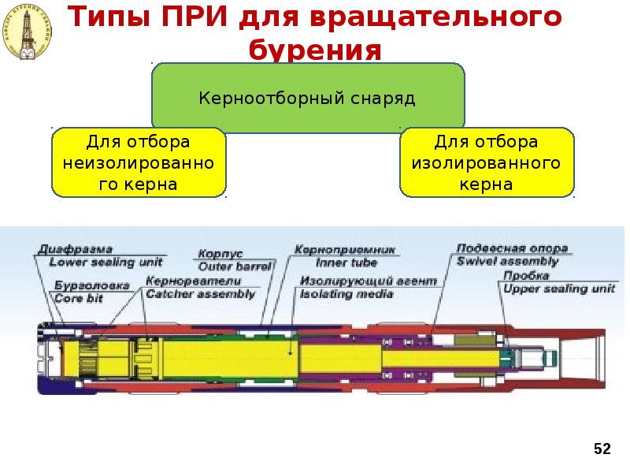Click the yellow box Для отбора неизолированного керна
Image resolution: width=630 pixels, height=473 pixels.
pyautogui.click(x=139, y=163)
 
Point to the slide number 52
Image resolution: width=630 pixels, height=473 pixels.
pyautogui.click(x=602, y=449)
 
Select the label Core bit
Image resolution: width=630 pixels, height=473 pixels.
pyautogui.click(x=78, y=297)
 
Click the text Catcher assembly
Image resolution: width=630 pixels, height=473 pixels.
pyautogui.click(x=201, y=294)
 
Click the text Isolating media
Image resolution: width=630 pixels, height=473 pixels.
pyautogui.click(x=346, y=294)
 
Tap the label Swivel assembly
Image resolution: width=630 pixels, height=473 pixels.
pyautogui.click(x=507, y=261)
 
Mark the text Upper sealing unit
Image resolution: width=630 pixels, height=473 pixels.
pyautogui.click(x=558, y=289)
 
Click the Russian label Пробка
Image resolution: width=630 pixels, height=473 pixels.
pyautogui.click(x=522, y=277)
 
